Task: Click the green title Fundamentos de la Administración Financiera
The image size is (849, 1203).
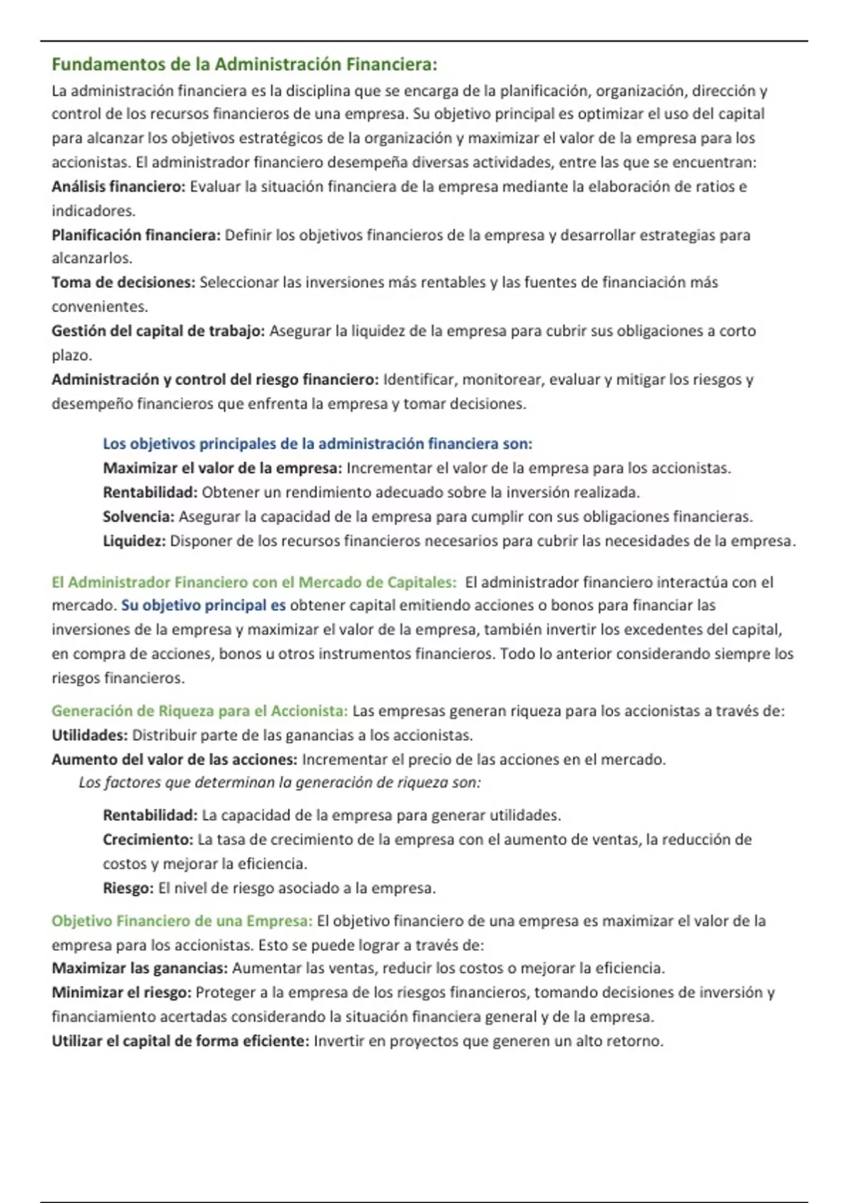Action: click(x=244, y=64)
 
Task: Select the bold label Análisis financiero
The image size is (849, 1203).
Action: click(x=118, y=187)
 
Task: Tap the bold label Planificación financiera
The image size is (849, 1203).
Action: click(x=136, y=235)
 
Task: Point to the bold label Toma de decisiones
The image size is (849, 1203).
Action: click(x=123, y=282)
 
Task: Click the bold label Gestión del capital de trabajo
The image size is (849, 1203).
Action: click(x=158, y=330)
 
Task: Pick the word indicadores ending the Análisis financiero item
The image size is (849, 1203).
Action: click(x=93, y=211)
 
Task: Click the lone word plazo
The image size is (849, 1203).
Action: click(x=71, y=355)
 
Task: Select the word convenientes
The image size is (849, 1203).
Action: click(x=99, y=306)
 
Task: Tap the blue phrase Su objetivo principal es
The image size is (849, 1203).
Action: click(x=204, y=606)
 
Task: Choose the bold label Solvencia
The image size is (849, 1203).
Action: click(x=138, y=517)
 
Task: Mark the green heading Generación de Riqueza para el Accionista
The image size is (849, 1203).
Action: click(x=200, y=711)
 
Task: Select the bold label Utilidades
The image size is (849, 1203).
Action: click(x=89, y=735)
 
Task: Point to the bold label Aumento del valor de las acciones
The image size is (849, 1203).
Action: click(x=174, y=759)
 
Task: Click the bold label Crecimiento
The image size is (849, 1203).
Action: click(x=148, y=840)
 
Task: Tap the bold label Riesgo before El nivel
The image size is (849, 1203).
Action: click(x=128, y=888)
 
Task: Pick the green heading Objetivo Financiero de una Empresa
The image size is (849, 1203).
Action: click(x=182, y=921)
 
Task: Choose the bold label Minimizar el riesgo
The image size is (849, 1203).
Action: click(x=121, y=993)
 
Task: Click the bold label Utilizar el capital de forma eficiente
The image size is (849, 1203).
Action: click(x=180, y=1041)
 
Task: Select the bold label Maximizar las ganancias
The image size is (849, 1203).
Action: click(x=139, y=968)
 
